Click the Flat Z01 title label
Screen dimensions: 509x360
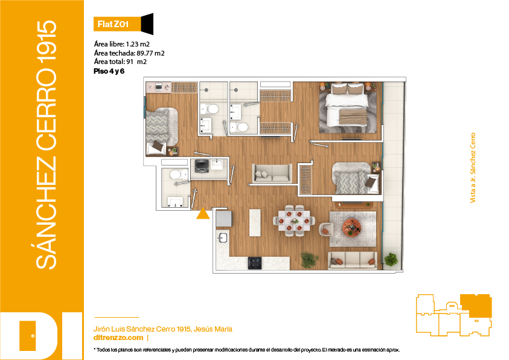113,24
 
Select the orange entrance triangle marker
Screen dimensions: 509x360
203,214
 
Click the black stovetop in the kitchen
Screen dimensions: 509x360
255,263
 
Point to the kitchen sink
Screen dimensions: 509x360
222,237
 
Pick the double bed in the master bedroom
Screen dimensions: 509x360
347,105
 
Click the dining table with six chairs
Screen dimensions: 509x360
294,220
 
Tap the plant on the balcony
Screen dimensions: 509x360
391,259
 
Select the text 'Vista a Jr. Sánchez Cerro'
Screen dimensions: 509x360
473,168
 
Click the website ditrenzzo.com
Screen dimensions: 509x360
118,338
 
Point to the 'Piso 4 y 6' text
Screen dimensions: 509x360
109,71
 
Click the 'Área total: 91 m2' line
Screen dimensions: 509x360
120,62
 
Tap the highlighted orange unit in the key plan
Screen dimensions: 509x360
476,305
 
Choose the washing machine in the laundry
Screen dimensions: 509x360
202,166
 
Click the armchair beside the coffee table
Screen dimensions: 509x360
326,230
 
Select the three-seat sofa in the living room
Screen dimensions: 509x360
352,261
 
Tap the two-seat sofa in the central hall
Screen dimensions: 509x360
272,173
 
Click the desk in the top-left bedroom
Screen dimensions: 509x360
158,88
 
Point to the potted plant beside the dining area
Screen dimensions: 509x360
309,260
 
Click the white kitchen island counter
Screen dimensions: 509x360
255,222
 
